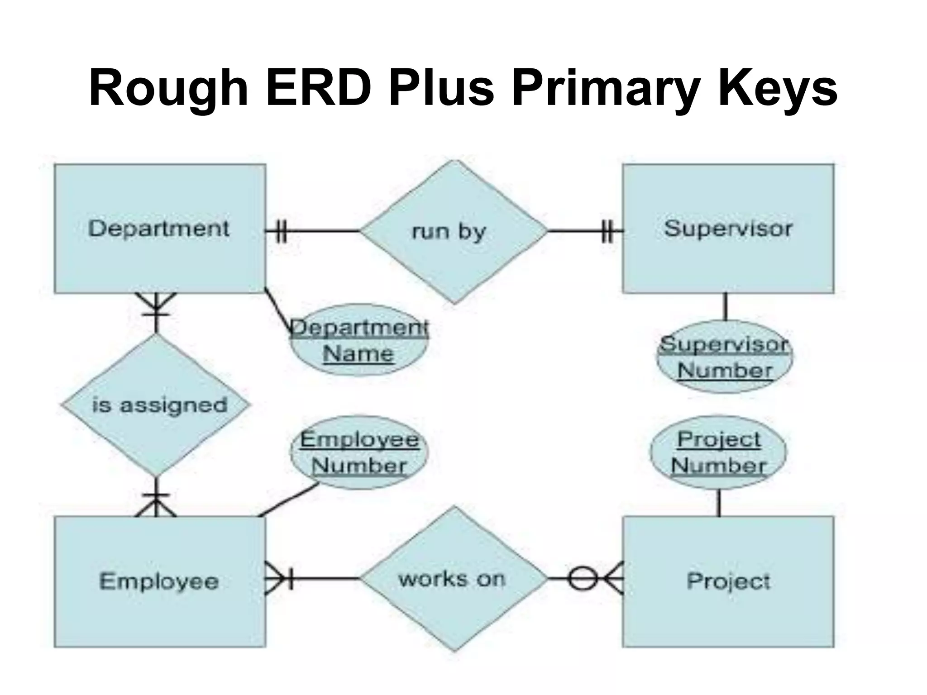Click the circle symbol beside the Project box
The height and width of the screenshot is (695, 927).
click(582, 579)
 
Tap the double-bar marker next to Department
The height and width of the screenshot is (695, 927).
click(282, 231)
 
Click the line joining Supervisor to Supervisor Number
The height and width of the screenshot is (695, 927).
click(726, 307)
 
